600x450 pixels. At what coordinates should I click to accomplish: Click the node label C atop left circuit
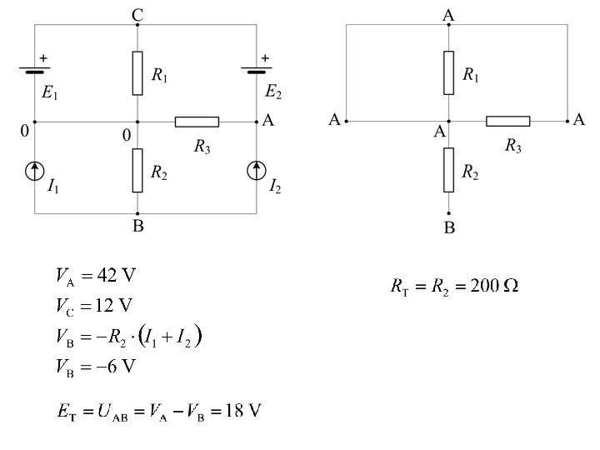(x=137, y=14)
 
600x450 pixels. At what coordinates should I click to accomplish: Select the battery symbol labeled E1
(x=34, y=71)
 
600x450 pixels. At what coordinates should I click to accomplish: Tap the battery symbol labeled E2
(x=255, y=71)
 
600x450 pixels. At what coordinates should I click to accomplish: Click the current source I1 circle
(x=34, y=172)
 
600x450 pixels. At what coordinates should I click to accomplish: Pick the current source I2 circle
(x=255, y=172)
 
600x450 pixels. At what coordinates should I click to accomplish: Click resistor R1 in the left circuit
(x=137, y=72)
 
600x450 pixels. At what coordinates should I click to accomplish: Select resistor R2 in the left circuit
(x=137, y=170)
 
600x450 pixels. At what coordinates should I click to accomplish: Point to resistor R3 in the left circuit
(x=197, y=122)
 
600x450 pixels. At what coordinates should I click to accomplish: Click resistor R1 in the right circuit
(x=449, y=72)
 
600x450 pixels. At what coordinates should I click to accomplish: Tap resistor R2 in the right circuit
(x=449, y=170)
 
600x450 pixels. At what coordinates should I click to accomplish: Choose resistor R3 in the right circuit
(x=507, y=122)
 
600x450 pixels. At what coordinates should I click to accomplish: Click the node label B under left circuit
(x=137, y=227)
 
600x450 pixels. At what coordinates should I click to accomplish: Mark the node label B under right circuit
(x=449, y=227)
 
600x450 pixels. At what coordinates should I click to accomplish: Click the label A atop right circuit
(x=449, y=14)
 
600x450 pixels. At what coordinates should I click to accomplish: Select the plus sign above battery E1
(x=43, y=57)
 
